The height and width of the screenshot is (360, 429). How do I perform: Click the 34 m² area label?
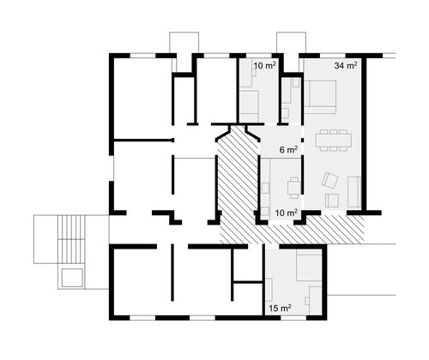point(346,65)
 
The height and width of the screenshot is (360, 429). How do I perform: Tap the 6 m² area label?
point(288,149)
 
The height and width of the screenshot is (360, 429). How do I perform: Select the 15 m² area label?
point(280,308)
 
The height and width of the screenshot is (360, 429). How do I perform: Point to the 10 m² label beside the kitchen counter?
point(287,213)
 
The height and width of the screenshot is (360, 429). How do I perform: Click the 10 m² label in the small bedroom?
point(264,65)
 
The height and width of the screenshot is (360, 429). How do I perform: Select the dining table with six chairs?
point(334,140)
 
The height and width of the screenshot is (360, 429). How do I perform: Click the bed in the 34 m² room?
point(320,97)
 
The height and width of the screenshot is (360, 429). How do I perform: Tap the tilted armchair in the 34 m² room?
point(329,180)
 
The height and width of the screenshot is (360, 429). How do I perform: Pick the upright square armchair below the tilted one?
point(332,201)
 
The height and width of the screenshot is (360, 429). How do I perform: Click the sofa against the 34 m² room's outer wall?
point(354,192)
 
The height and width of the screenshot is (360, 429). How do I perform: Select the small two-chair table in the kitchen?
point(294,188)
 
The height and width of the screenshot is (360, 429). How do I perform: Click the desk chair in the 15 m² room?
point(307,301)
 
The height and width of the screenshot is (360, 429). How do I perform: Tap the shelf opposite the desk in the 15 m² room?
point(269,290)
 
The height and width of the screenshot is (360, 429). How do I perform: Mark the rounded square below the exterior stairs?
point(73,278)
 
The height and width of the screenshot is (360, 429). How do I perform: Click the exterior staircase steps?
point(71,239)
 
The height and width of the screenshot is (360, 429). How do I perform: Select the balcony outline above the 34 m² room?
point(291,43)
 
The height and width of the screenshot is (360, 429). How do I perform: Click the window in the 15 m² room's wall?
point(293,318)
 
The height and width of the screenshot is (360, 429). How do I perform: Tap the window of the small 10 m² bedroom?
point(258,56)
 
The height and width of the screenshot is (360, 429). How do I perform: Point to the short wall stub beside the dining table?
point(303,140)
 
